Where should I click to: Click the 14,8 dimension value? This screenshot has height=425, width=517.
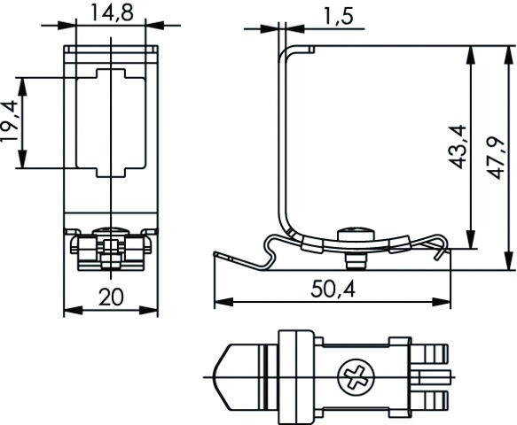(x=111, y=12)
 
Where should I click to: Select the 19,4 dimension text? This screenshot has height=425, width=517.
(x=11, y=123)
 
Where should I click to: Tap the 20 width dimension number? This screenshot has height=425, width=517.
(x=111, y=297)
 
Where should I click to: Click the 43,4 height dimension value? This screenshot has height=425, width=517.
(x=458, y=147)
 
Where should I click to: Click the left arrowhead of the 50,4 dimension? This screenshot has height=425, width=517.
(x=220, y=303)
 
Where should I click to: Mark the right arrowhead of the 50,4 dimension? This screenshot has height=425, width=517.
(x=445, y=303)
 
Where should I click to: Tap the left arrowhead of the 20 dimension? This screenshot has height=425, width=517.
(x=71, y=311)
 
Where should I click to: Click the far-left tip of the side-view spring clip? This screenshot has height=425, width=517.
(x=215, y=254)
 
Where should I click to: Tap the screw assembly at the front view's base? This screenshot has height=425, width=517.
(x=111, y=248)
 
